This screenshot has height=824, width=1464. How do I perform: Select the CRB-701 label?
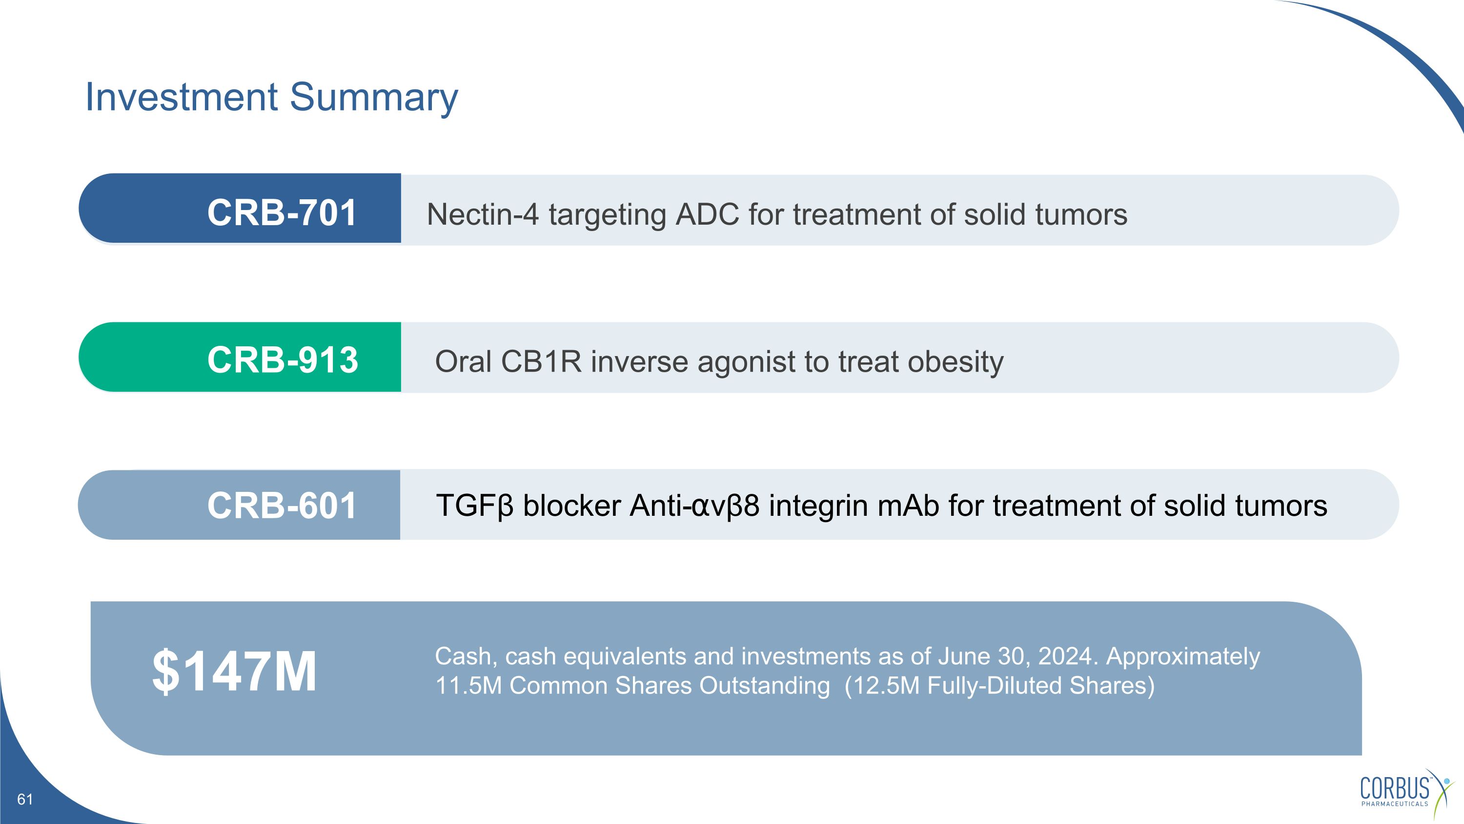pyautogui.click(x=282, y=212)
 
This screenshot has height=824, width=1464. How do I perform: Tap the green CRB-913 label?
pyautogui.click(x=283, y=360)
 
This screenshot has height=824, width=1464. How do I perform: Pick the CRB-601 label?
pyautogui.click(x=282, y=506)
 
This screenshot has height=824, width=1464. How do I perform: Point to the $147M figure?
pyautogui.click(x=234, y=672)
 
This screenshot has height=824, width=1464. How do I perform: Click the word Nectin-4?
pyautogui.click(x=483, y=215)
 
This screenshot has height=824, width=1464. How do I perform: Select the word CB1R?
pyautogui.click(x=541, y=361)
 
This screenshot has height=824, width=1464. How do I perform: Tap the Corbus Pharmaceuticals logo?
pyautogui.click(x=1406, y=793)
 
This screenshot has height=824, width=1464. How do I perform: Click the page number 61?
pyautogui.click(x=25, y=800)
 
